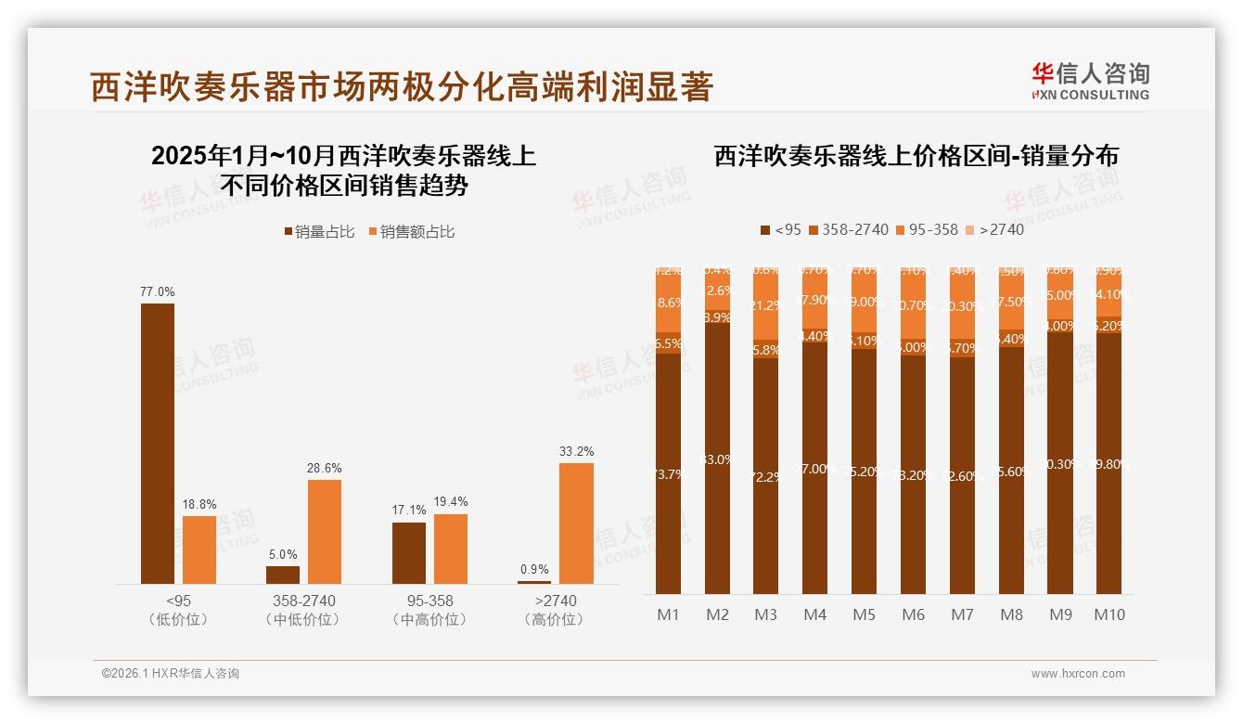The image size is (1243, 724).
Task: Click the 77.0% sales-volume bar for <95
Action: pos(158,443)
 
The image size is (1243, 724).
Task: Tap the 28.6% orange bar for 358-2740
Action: pos(325,531)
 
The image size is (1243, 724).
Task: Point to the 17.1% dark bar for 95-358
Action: pos(409,552)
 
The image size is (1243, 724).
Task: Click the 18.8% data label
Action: pos(199,504)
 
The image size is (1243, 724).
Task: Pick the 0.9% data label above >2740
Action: pos(534,569)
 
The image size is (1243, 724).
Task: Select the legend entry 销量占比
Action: pos(318,232)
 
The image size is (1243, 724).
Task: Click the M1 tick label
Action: pos(668,614)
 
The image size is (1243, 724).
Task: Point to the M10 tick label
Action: pos(1108,614)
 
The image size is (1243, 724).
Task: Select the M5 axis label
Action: pos(864,614)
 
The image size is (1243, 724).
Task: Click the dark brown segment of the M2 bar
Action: pos(717,459)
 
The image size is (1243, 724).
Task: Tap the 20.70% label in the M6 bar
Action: pos(913,305)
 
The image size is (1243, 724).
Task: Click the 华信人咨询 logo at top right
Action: pos(1090,81)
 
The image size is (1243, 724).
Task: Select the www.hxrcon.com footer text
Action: pos(1077,674)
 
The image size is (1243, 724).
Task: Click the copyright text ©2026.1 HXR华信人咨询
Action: pos(171,674)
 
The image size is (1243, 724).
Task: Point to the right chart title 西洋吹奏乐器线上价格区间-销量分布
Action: pos(916,156)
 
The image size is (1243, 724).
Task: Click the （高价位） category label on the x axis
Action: pos(555,619)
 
